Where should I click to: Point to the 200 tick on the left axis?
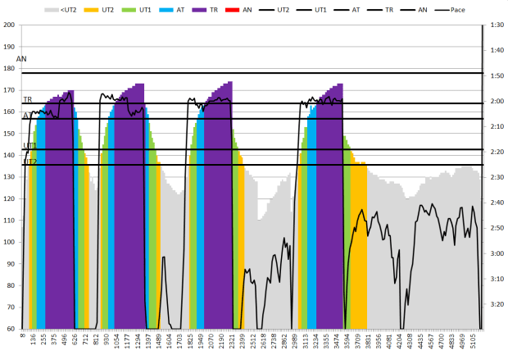pyautogui.click(x=9, y=25)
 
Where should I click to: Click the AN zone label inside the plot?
pyautogui.click(x=21, y=59)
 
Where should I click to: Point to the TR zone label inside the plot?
pyautogui.click(x=27, y=99)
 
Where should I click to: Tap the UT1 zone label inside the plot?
pyautogui.click(x=29, y=145)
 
